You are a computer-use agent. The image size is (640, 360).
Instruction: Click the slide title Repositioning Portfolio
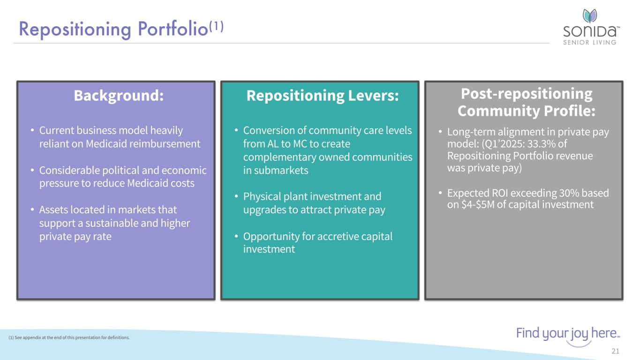(113, 29)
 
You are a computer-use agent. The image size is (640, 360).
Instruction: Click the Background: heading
(119, 95)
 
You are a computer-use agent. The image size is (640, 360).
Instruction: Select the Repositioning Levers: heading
(323, 95)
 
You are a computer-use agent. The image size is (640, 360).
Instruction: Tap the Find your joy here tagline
(568, 334)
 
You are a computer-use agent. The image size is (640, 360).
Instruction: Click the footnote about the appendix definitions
(69, 337)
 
